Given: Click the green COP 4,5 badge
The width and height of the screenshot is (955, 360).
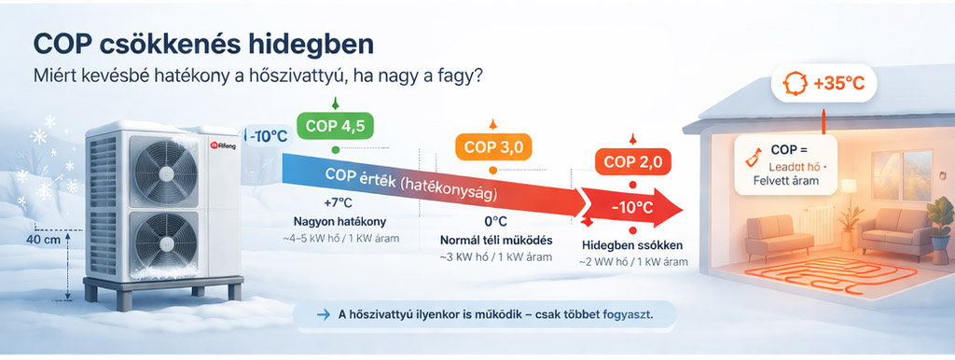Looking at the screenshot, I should click(335, 124).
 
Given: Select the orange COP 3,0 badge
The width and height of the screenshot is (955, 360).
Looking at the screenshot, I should click(492, 147).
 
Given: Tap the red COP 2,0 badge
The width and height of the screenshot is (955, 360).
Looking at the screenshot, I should click(633, 161).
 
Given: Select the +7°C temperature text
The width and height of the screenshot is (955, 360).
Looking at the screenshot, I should click(338, 202).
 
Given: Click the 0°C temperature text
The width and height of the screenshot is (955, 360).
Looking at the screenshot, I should click(494, 222).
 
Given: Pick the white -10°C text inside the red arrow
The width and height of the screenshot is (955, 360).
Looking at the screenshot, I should click(631, 206).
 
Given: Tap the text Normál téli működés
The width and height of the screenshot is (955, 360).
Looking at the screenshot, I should click(494, 241).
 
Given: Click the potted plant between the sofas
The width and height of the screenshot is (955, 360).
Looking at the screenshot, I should click(850, 223).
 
